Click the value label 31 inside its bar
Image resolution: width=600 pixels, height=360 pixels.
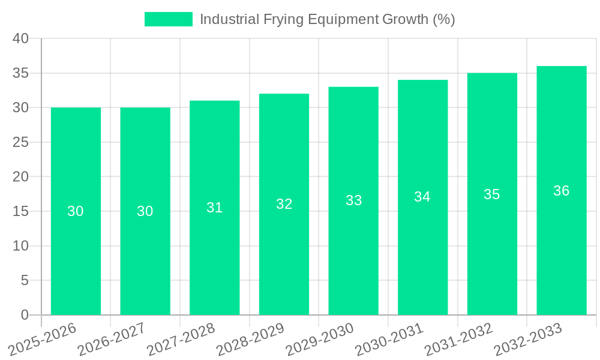coord(214,208)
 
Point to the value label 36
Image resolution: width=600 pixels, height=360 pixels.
coord(561,191)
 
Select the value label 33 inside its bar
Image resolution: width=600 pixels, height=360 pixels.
coord(353,200)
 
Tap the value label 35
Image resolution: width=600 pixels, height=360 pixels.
coord(492,194)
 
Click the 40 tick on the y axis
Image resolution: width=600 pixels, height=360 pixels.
coord(21,38)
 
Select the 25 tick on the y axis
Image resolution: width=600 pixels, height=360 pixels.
coord(21,142)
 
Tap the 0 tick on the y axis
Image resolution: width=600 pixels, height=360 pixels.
coord(25,315)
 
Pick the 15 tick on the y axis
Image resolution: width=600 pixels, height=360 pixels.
coord(21,211)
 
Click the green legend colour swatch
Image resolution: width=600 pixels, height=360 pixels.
coord(169,19)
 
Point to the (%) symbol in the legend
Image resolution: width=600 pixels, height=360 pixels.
coord(443,19)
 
